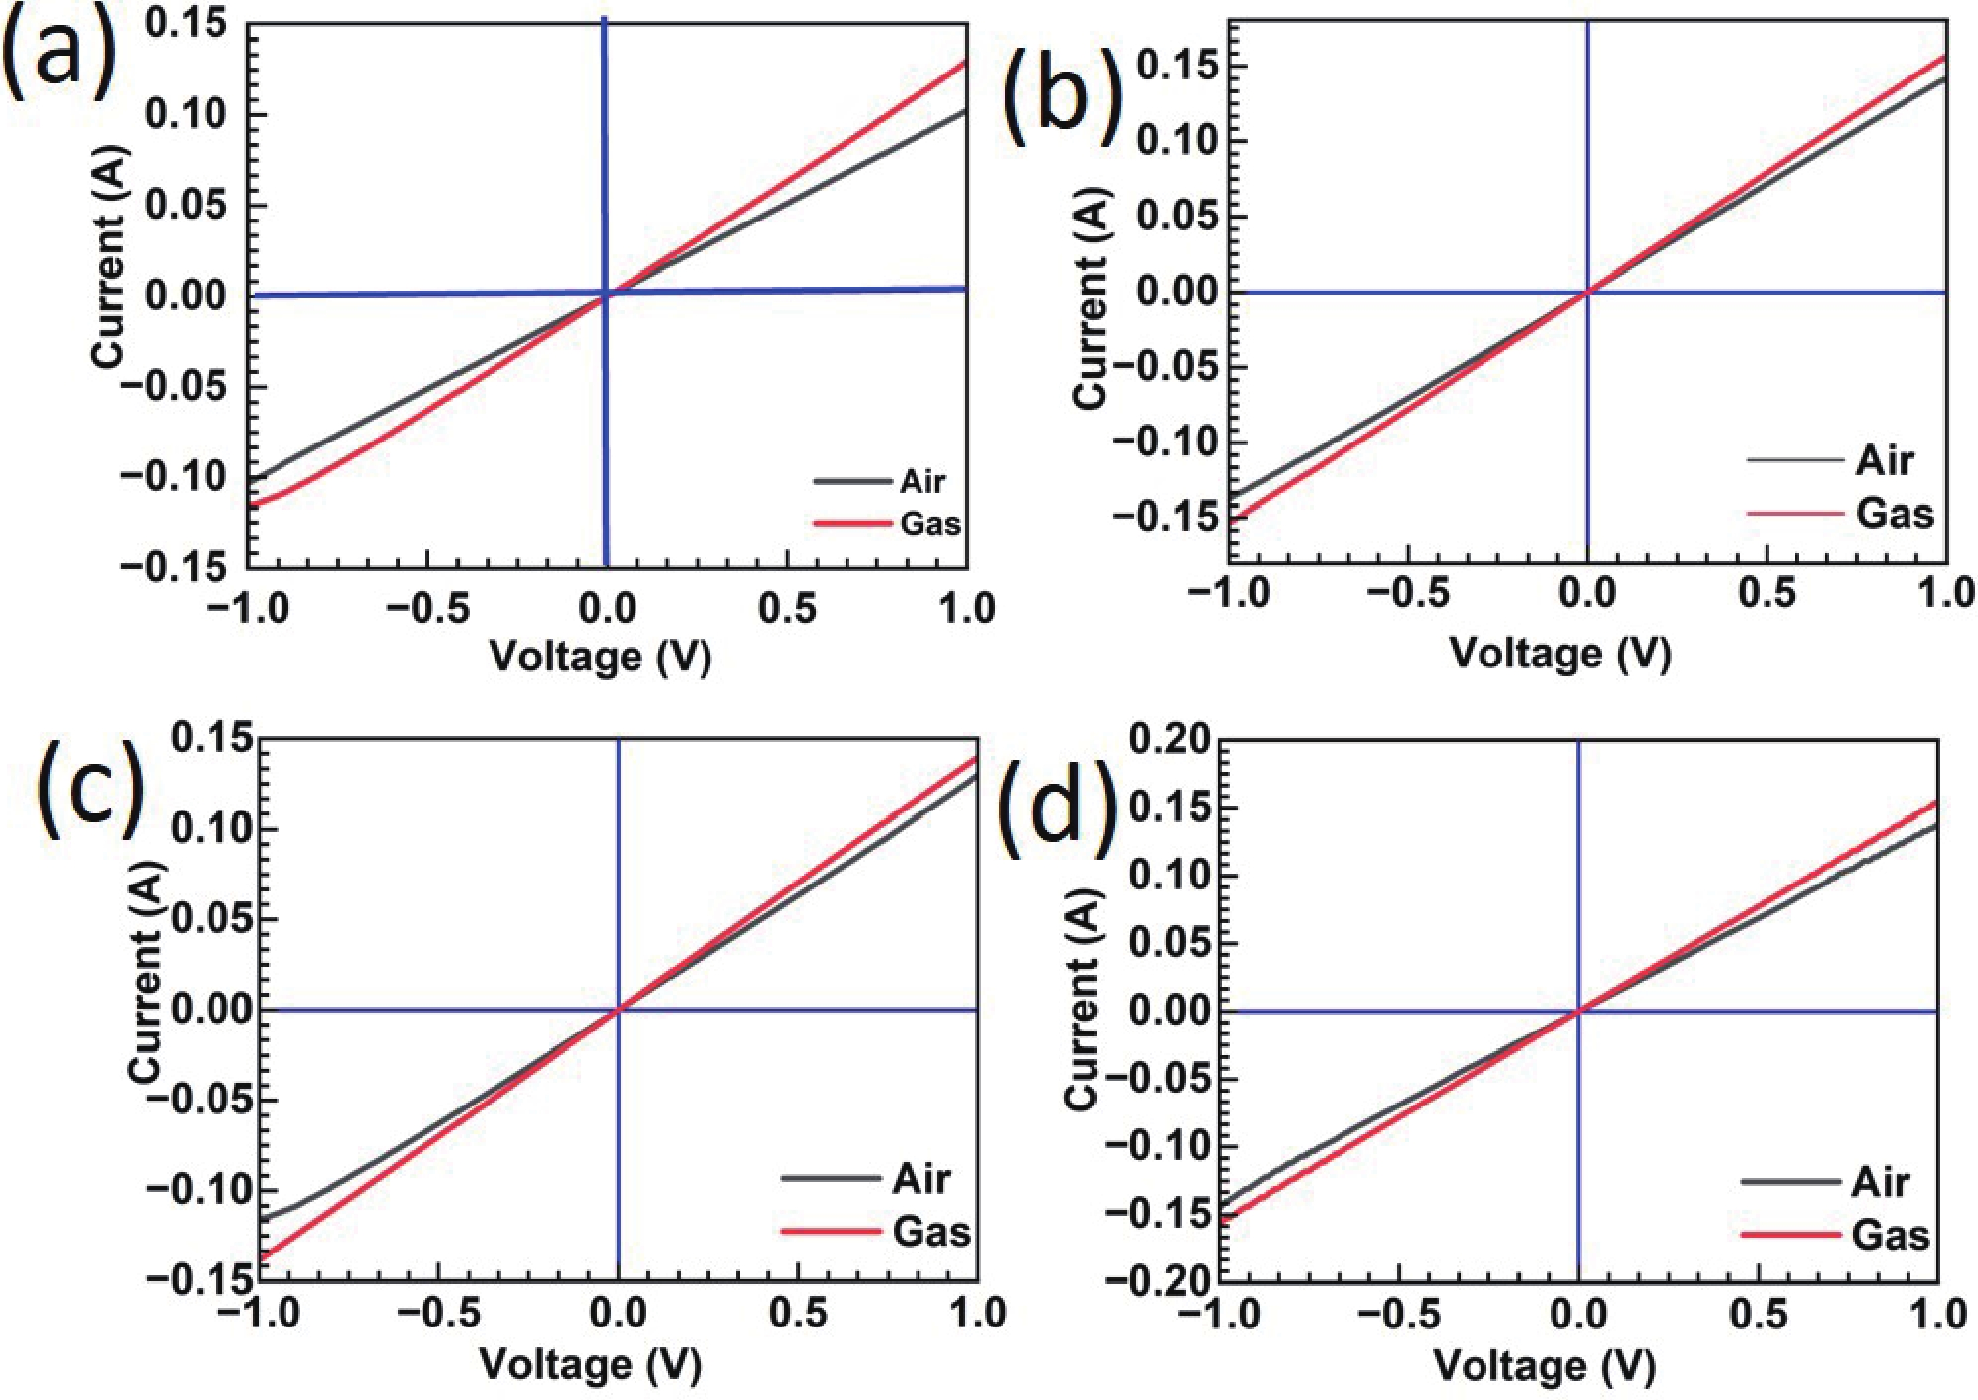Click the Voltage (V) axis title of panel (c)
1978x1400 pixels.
(589, 1365)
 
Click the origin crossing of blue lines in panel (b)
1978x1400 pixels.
(1587, 292)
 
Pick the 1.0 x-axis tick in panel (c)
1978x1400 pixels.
(976, 1313)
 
